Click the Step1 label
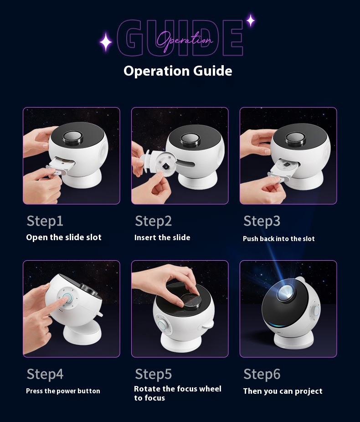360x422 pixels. click(45, 221)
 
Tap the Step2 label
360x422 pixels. click(154, 221)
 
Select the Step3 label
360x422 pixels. click(262, 221)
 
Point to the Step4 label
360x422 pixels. click(45, 374)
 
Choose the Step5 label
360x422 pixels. click(154, 374)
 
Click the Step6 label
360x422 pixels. click(262, 374)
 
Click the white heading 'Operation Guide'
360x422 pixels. click(178, 71)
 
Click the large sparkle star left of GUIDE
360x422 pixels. click(106, 42)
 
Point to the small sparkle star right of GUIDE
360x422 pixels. click(251, 20)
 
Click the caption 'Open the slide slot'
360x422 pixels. click(64, 237)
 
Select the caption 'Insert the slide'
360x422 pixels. click(162, 237)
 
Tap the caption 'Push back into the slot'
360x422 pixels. click(279, 239)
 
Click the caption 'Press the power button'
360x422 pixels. click(63, 391)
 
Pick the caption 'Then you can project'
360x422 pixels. click(283, 391)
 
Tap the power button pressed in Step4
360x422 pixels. click(67, 298)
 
